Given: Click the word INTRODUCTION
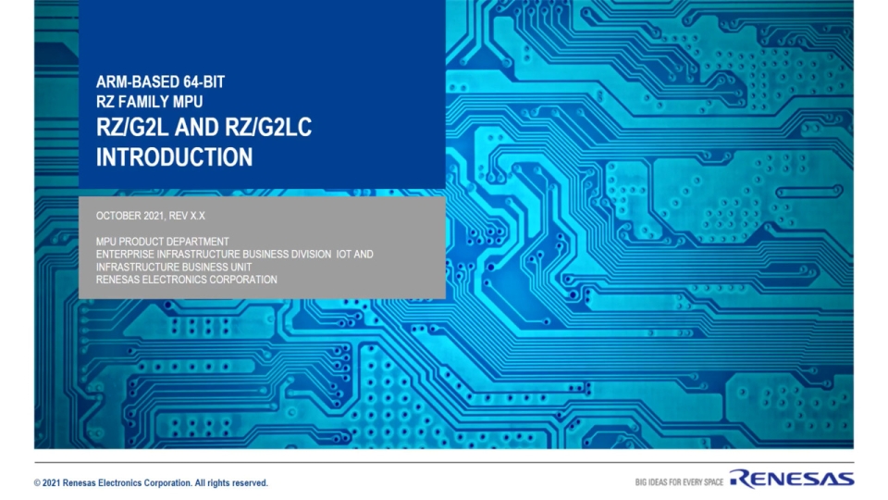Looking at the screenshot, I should [174, 156].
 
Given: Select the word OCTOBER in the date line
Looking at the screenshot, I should [118, 215].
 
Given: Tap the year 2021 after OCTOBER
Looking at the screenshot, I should [154, 215].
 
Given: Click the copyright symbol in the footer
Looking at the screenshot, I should [37, 483].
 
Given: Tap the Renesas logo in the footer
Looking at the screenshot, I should [791, 479].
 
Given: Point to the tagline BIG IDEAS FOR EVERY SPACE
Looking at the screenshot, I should [679, 482].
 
